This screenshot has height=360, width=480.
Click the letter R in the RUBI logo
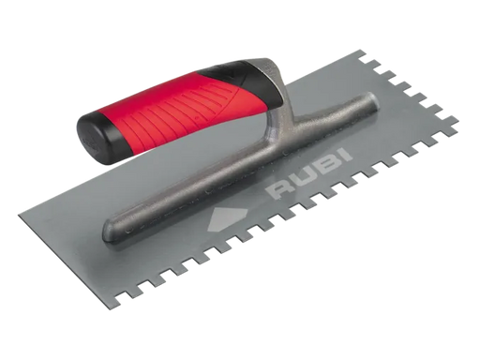[280, 189]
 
